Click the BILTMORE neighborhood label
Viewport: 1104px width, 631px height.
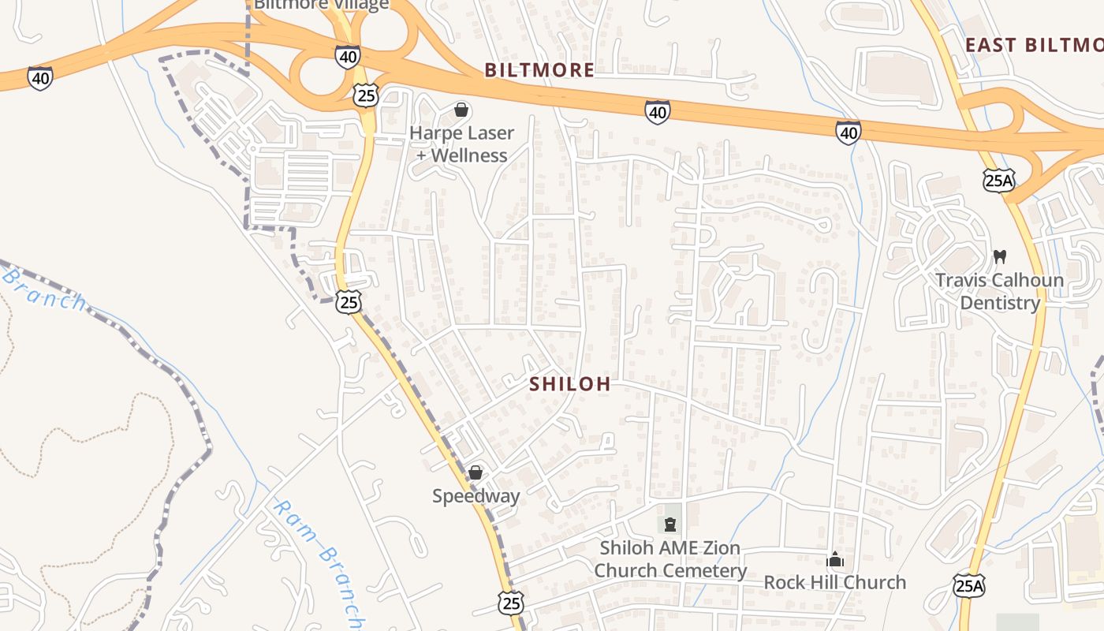tap(539, 70)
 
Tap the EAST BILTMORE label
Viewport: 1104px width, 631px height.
tap(1034, 45)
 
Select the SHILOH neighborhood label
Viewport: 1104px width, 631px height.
tap(570, 384)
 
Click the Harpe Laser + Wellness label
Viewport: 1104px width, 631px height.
tap(461, 144)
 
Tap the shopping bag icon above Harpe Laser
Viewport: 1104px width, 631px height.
tap(461, 110)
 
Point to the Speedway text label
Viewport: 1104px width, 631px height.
tap(476, 496)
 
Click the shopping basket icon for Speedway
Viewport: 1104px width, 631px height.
tap(476, 472)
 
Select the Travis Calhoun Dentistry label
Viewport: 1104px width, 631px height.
tap(1000, 291)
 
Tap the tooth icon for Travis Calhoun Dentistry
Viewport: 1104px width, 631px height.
tap(1000, 256)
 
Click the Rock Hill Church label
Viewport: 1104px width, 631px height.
tap(835, 583)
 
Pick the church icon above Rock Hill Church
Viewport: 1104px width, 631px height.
tap(835, 561)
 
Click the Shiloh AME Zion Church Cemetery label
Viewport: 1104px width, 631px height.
tap(670, 559)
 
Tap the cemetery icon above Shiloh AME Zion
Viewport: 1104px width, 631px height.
tap(670, 525)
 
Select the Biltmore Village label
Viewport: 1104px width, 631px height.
tap(321, 5)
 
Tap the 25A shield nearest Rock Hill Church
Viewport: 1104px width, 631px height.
tap(969, 585)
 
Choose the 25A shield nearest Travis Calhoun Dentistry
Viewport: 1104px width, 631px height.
tap(998, 181)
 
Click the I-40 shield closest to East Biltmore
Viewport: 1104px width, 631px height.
tap(849, 133)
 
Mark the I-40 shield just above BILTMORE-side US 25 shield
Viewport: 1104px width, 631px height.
tap(347, 56)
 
